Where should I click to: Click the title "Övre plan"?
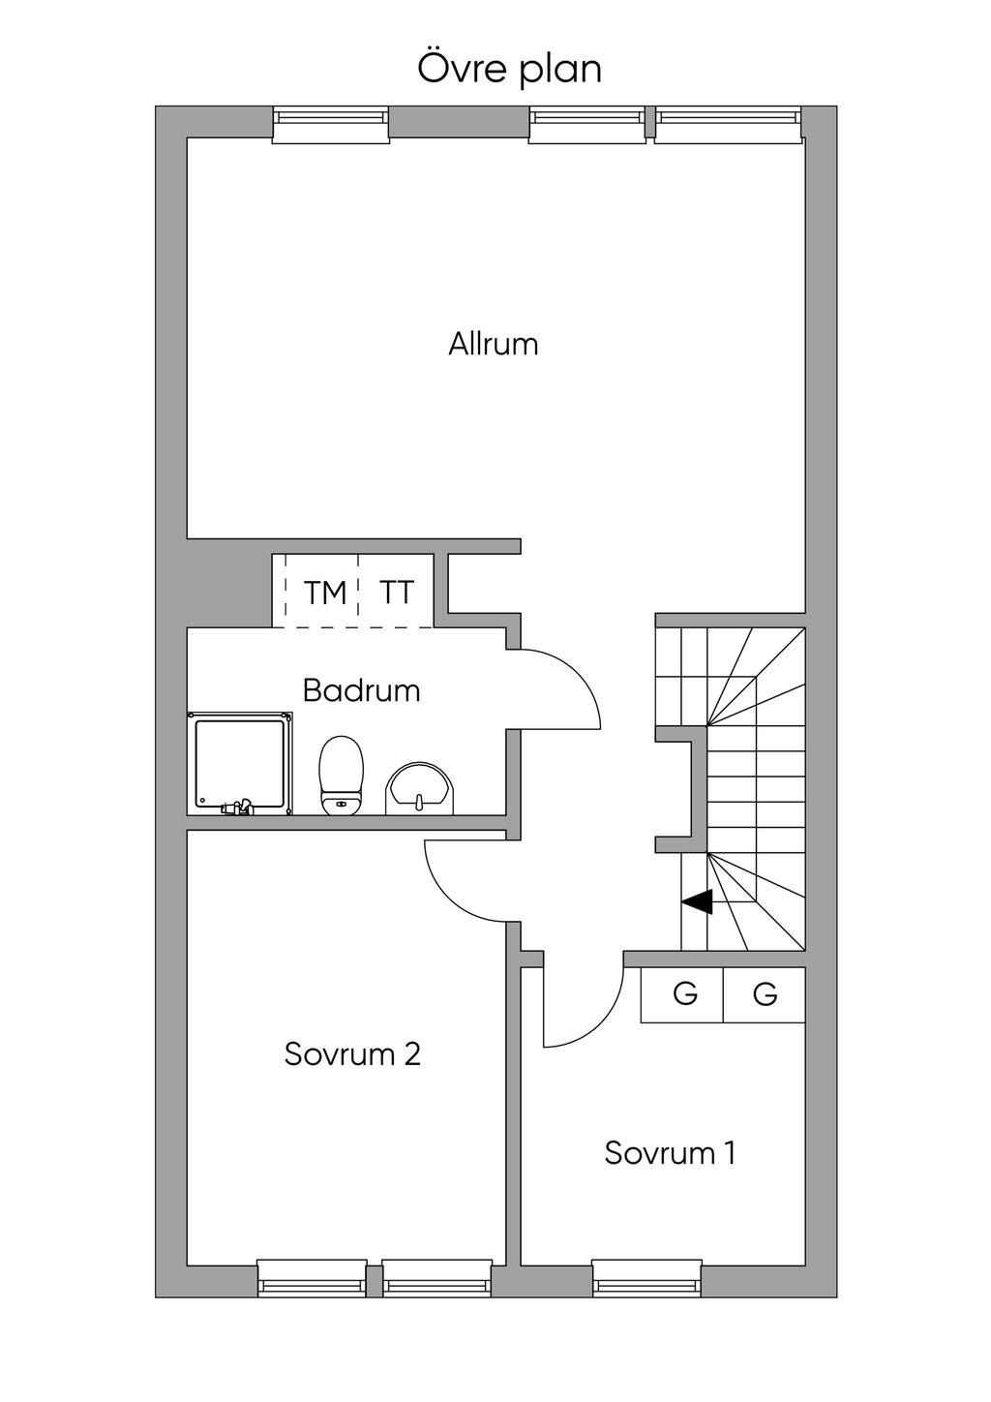point(509,69)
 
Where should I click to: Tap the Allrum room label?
point(493,345)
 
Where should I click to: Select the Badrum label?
point(361,691)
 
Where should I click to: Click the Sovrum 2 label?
point(352,1053)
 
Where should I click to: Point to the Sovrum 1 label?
point(670,1153)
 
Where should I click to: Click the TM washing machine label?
point(325,593)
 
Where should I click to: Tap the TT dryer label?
point(396,592)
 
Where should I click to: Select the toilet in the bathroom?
point(341,776)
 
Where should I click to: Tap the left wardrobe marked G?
point(684,994)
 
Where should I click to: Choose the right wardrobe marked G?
point(765,994)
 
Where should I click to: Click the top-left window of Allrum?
point(331,125)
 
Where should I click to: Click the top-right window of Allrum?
point(729,125)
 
